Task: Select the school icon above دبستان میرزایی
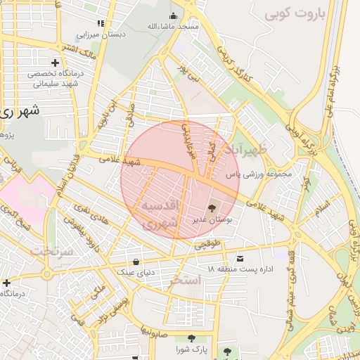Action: (x=107, y=22)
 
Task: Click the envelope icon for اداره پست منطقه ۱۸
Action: (x=241, y=259)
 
